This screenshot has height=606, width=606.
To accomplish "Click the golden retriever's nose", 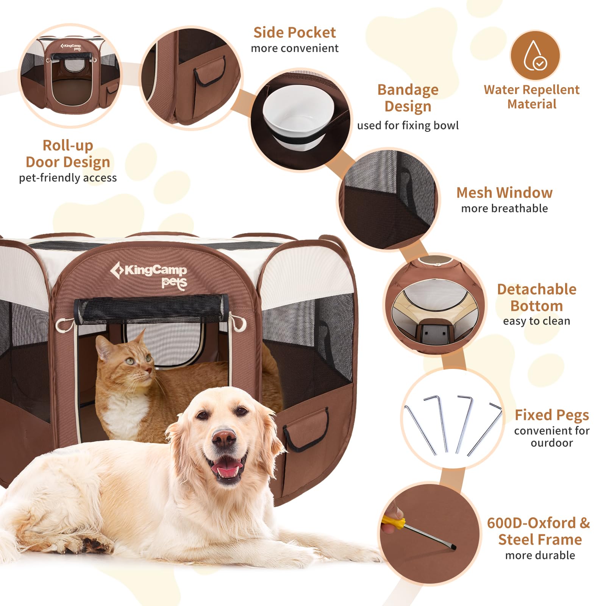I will click(224, 439).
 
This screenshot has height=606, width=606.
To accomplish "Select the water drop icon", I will click(535, 55).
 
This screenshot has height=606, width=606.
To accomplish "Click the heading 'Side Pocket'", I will click(294, 33).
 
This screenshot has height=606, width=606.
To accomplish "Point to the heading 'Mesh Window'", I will click(504, 192).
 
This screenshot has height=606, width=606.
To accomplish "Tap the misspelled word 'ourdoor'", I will click(551, 443).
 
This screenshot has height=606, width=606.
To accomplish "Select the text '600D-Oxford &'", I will click(538, 523).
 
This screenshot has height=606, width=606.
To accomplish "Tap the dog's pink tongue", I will click(226, 470).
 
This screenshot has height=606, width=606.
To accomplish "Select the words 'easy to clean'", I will click(536, 321).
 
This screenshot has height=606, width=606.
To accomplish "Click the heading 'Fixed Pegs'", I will click(551, 415).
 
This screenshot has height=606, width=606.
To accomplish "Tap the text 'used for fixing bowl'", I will click(408, 125).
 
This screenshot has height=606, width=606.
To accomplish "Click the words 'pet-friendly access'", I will click(68, 178).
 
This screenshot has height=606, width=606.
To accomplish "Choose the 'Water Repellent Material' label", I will click(531, 97).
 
